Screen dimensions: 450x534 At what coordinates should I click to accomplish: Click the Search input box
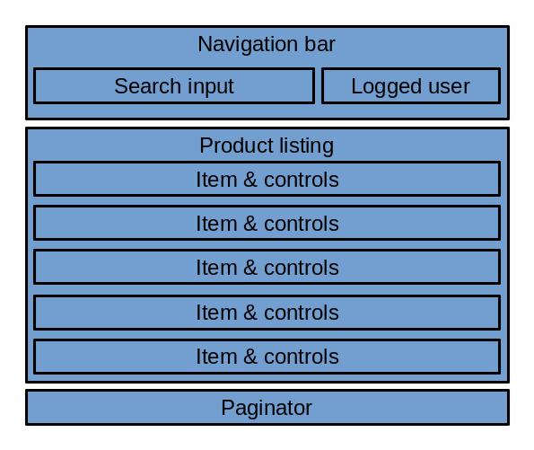point(173,86)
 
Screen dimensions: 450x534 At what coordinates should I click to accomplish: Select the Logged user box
point(410,86)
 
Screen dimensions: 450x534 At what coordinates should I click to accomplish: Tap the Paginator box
point(267,408)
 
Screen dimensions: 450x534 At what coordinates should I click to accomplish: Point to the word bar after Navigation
point(320,44)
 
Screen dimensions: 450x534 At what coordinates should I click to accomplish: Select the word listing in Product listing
point(302,146)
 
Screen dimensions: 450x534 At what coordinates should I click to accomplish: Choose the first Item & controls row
point(267,180)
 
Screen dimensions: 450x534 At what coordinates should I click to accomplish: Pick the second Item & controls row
point(267,224)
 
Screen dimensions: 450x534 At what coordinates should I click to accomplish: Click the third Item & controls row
point(267,268)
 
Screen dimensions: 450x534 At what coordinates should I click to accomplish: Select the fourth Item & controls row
point(267,313)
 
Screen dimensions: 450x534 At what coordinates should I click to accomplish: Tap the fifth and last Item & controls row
point(267,357)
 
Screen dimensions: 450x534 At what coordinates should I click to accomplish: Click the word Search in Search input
point(146,86)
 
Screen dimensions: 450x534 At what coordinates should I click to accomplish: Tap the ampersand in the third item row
point(250,268)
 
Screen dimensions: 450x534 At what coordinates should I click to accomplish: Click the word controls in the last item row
point(301,357)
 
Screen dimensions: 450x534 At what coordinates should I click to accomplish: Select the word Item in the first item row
point(216,180)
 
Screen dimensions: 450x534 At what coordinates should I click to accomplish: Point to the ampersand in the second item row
point(250,224)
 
